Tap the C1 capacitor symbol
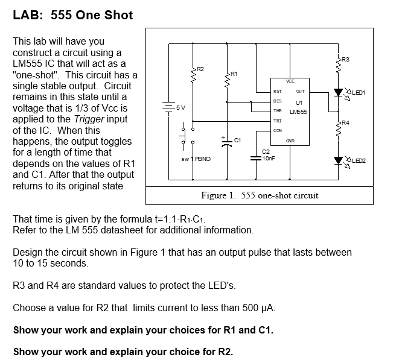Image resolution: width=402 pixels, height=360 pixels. tap(227, 142)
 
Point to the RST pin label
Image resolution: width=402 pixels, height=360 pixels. tap(277, 91)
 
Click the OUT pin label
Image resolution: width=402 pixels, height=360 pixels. tap(300, 91)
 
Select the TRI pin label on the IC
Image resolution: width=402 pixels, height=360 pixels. tap(277, 121)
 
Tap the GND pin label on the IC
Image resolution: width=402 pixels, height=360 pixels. tap(290, 141)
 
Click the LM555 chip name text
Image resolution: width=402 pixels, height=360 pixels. tap(298, 112)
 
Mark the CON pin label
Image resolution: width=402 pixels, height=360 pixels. tap(277, 130)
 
